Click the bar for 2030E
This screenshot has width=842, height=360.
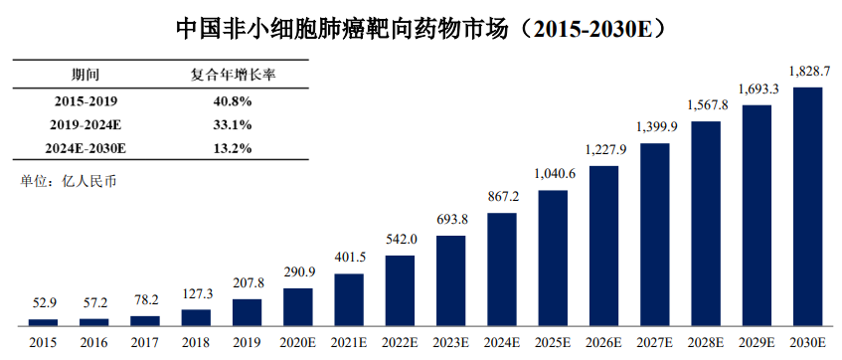[807, 206]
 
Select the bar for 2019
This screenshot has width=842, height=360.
[247, 312]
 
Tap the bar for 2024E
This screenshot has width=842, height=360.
[502, 270]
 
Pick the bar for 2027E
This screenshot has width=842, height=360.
[654, 235]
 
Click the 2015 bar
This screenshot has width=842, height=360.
[43, 322]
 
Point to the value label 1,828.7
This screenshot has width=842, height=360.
[807, 72]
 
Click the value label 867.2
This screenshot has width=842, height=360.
[502, 197]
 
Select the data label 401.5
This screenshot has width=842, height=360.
[349, 258]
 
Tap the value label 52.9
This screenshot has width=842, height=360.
[43, 303]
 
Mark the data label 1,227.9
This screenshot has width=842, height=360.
[604, 150]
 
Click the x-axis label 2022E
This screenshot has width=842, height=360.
[400, 342]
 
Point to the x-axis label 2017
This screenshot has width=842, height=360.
[145, 342]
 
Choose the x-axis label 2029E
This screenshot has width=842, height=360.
[757, 342]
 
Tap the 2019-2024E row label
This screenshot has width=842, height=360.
[85, 125]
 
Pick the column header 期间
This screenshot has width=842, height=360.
[85, 75]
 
